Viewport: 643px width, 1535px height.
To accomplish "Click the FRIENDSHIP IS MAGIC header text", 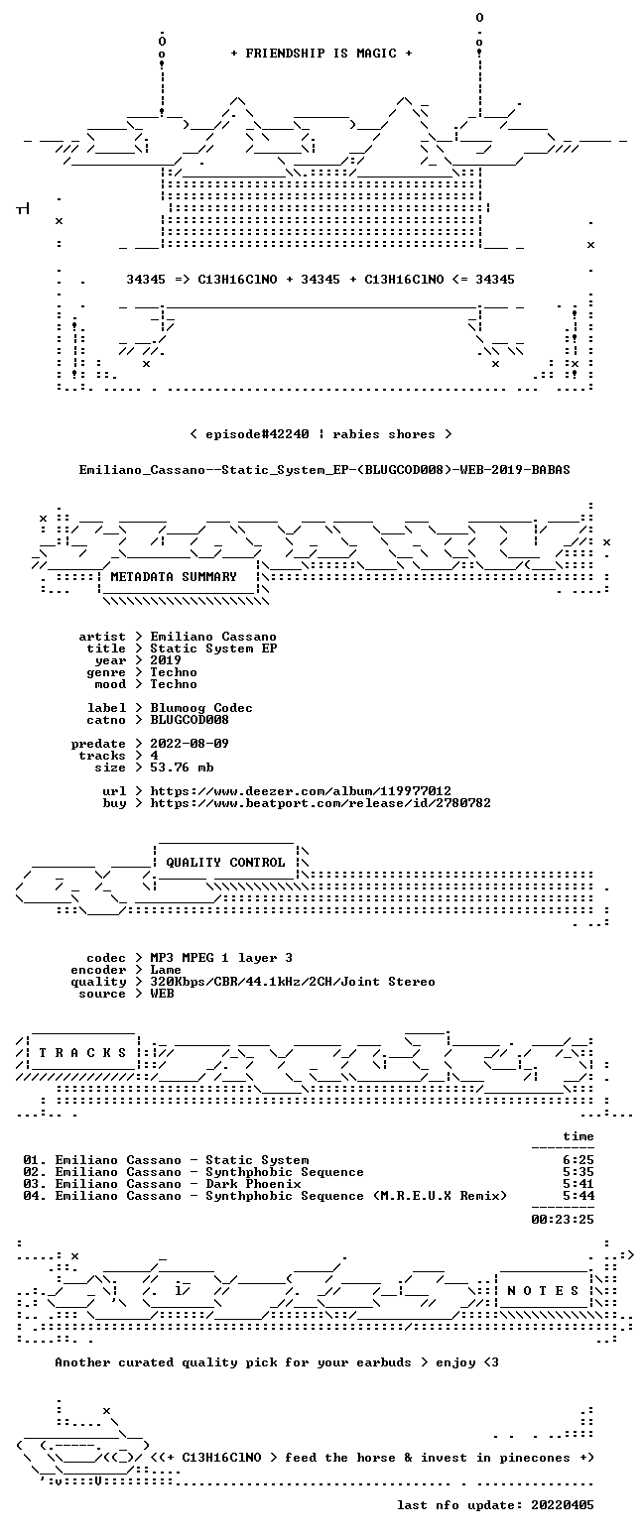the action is (x=321, y=54).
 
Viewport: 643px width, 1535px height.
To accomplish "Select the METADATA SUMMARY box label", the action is (x=174, y=577).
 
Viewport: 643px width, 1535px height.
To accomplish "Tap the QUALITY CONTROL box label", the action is (x=225, y=863).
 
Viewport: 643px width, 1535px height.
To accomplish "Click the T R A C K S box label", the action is (x=83, y=1053).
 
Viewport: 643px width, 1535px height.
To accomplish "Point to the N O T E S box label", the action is (x=543, y=1291).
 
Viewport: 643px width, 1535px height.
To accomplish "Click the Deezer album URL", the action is (x=301, y=791).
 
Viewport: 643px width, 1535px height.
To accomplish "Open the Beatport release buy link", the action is (x=321, y=803).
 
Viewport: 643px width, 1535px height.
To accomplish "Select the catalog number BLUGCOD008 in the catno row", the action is (x=190, y=720).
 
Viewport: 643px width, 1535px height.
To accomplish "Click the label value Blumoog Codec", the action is (x=201, y=708).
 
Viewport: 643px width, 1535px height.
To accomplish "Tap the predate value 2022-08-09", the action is (x=190, y=744).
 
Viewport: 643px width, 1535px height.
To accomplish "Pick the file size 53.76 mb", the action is (x=182, y=767).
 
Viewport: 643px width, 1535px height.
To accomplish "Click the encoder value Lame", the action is (x=166, y=971).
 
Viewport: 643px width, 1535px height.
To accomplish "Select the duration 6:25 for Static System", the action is (x=579, y=1160).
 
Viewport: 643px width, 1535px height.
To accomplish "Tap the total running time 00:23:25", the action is (x=563, y=1220).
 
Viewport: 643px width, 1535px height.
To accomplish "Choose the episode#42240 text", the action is (x=257, y=434).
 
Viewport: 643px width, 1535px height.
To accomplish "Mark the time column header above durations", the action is (x=579, y=1136).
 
